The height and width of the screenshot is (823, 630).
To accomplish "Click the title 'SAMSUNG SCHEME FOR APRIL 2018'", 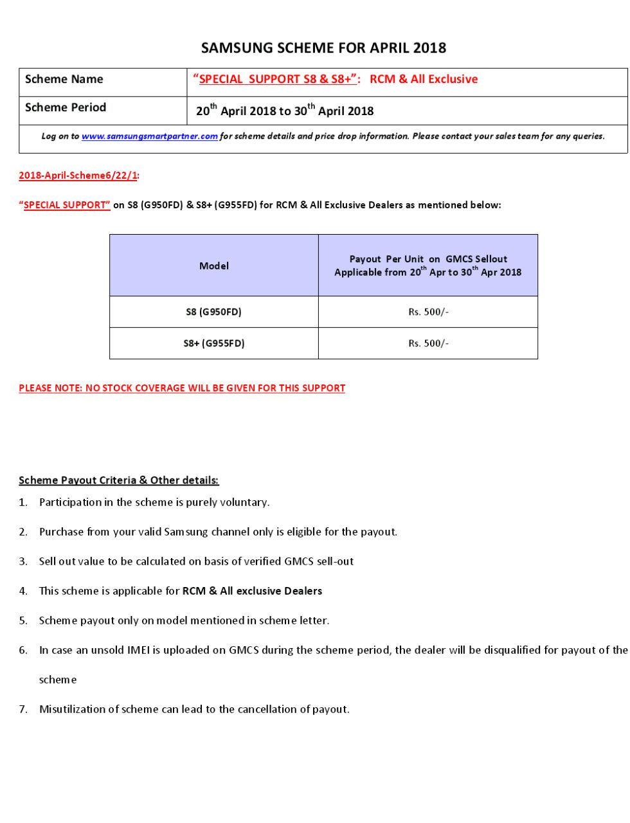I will (323, 48).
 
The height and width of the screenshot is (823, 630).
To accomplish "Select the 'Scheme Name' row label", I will (64, 80).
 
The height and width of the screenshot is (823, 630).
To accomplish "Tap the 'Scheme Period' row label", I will (65, 108).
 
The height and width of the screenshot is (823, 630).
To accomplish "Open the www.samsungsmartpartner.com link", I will (149, 136).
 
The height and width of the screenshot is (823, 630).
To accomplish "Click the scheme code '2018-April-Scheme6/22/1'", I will (78, 176).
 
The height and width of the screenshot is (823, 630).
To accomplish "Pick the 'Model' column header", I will (213, 266).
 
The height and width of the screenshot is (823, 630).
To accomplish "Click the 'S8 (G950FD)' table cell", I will (213, 312).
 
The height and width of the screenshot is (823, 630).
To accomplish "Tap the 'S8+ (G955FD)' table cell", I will (213, 343).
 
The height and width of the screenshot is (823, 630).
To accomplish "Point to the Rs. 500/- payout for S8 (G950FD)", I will (428, 312).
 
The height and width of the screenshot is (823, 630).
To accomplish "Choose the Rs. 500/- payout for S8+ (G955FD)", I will (428, 343).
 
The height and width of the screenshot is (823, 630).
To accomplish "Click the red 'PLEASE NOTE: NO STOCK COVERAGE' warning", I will (182, 388).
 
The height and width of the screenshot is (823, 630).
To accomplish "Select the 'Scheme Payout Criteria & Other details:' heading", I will (118, 480).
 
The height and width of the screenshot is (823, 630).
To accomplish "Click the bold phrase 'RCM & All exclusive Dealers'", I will (252, 591).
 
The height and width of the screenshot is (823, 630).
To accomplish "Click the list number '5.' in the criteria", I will (23, 620).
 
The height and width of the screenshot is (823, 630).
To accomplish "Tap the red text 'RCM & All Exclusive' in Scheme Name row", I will (424, 79).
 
